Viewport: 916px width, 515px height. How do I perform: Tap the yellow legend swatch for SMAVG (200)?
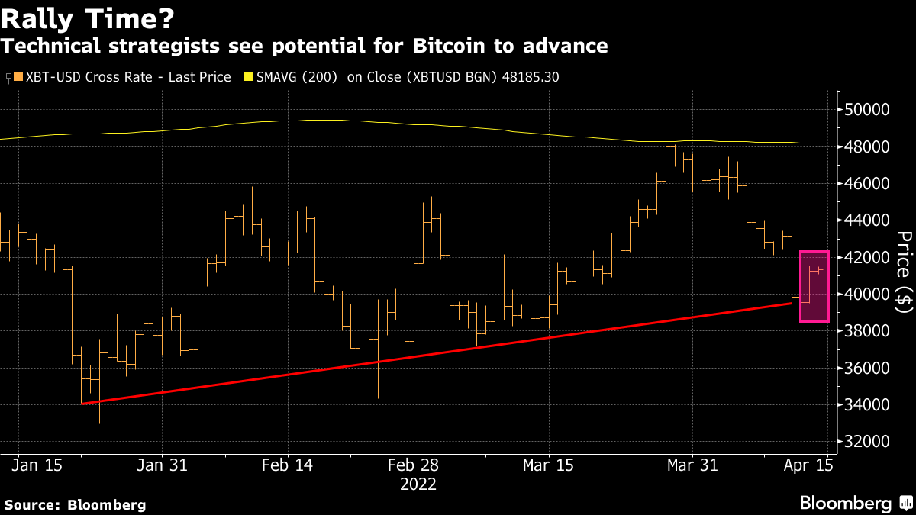click(248, 77)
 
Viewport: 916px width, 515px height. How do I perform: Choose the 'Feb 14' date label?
click(287, 465)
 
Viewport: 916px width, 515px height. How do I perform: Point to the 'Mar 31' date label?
click(692, 465)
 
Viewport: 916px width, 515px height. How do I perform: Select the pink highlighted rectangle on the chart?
click(814, 286)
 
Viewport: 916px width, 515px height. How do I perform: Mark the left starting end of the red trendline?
click(82, 404)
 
